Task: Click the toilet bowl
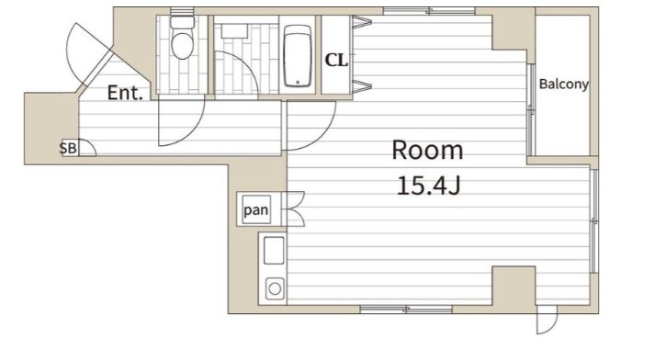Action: point(183,45)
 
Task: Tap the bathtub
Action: point(298,55)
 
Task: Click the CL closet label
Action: point(336,61)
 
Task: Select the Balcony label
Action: point(563,84)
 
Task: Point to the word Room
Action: point(427,151)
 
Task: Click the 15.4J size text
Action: point(428,186)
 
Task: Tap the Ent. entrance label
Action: point(125,93)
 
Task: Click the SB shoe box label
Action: point(68,148)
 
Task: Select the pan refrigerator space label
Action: point(256,209)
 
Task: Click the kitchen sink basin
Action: point(274,251)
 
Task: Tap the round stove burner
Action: point(275,288)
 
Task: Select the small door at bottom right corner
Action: point(547,320)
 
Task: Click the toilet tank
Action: point(183,22)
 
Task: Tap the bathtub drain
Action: point(298,83)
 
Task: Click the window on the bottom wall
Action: point(406,309)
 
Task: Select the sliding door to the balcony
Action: point(531,110)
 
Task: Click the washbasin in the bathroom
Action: point(235,31)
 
